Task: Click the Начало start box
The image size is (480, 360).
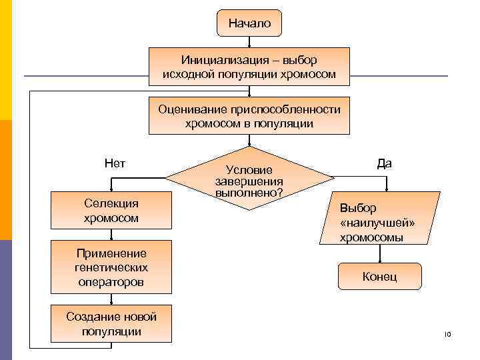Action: coord(249,23)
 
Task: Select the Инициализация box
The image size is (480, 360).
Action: coord(249,67)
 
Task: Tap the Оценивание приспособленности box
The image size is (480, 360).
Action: coord(249,116)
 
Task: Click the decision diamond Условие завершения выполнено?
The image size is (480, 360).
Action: coord(249,179)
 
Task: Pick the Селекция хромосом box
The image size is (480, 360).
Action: coord(111,210)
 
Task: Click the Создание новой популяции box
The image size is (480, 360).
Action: coord(111,324)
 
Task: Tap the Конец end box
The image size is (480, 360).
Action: coord(379,276)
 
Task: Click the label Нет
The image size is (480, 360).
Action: coord(115,163)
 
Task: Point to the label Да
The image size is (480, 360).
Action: coord(384,163)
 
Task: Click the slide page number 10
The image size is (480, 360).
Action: coord(447,333)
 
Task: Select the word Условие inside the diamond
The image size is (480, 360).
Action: coord(249,171)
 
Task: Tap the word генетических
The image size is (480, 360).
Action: coord(111,267)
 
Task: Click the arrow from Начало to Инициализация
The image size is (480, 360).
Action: coord(249,41)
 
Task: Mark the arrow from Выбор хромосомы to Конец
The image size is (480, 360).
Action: coord(380,253)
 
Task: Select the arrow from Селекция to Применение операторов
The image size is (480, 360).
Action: coord(111,233)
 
